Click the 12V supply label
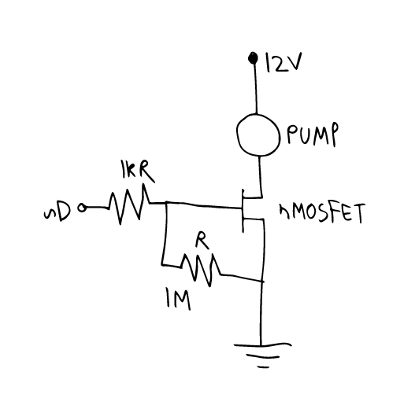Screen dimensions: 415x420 pos(283,63)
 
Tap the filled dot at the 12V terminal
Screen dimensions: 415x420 pos(253,58)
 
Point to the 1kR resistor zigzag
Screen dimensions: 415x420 pos(129,204)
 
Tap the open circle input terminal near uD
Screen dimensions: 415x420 pos(82,208)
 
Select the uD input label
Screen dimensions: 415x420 pos(57,212)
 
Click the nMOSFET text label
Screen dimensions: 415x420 pos(322,213)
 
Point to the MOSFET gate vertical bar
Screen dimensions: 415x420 pos(243,211)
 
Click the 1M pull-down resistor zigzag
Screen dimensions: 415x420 pos(200,270)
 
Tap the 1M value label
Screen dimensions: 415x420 pos(178,299)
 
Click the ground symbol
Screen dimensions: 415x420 pos(262,355)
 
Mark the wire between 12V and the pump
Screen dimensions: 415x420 pos(255,88)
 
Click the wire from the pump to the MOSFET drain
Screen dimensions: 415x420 pos(260,177)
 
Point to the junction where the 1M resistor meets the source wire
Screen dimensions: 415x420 pos(262,282)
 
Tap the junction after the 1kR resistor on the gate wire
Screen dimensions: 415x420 pos(167,203)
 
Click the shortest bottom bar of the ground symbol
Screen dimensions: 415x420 pos(263,367)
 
